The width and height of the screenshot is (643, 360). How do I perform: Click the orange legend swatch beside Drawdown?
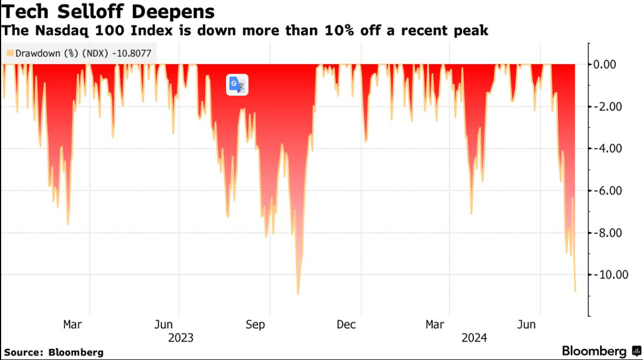click(x=10, y=54)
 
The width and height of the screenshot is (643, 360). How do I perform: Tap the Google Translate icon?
click(x=237, y=85)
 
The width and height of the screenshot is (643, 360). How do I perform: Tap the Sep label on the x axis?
click(x=255, y=325)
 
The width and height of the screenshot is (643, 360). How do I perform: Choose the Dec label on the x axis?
click(x=346, y=325)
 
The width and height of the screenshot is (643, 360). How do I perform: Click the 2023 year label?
click(x=181, y=338)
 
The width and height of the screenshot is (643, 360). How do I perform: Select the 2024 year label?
click(x=474, y=338)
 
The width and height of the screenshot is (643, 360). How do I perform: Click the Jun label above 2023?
click(x=163, y=325)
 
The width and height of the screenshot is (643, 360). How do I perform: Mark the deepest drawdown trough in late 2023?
click(x=298, y=294)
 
